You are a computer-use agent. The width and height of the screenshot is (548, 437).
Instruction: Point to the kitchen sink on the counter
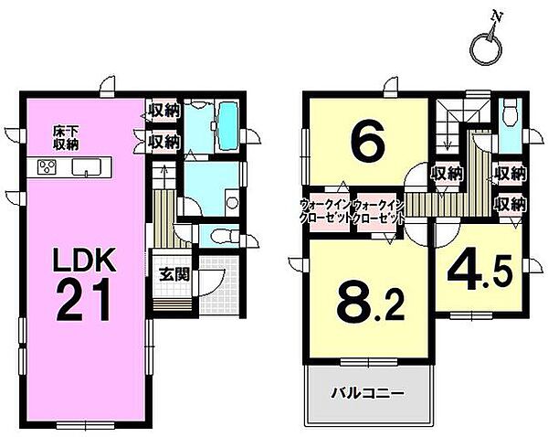pyautogui.click(x=87, y=166)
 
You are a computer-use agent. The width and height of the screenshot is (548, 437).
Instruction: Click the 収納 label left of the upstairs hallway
pyautogui.click(x=445, y=173)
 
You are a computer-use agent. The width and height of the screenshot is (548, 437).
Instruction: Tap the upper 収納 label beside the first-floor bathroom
pyautogui.click(x=163, y=112)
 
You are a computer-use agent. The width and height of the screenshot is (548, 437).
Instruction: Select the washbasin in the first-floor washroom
pyautogui.click(x=231, y=203)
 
